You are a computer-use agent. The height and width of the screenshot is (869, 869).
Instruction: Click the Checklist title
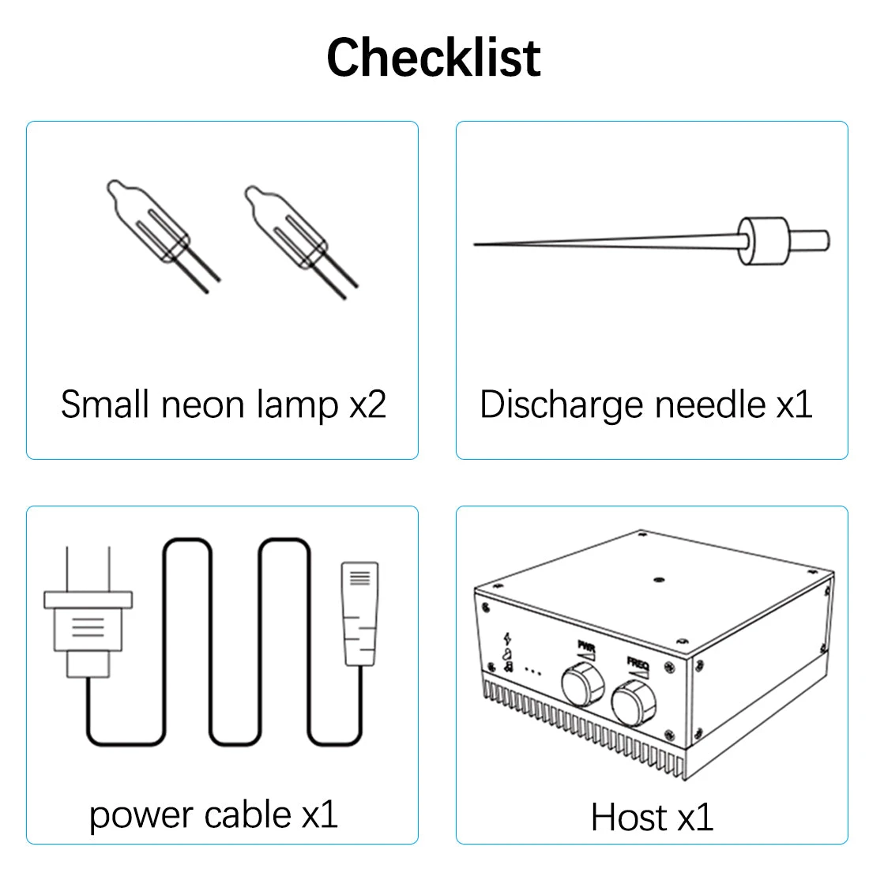tap(434, 58)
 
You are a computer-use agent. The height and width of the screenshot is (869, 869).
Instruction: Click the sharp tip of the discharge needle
tap(475, 244)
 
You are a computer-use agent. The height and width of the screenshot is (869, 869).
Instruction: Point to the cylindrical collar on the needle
tap(764, 241)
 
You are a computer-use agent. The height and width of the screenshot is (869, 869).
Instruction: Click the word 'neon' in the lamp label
tap(202, 404)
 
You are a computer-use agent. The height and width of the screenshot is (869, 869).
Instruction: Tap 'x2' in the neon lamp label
tap(367, 404)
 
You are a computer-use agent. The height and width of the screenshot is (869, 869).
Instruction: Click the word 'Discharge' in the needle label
tap(562, 406)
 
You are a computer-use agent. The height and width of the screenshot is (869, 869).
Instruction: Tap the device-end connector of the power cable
tap(359, 614)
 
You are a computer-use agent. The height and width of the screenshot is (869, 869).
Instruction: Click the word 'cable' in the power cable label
tap(248, 815)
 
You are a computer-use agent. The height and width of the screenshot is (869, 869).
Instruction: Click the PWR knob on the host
tap(582, 685)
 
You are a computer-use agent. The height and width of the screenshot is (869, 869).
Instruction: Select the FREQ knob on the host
tap(634, 703)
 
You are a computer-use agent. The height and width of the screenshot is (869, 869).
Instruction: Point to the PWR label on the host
tap(586, 646)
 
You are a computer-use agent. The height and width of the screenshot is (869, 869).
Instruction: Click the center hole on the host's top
tap(659, 580)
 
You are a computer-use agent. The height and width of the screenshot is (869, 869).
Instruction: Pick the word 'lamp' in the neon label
tap(298, 406)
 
